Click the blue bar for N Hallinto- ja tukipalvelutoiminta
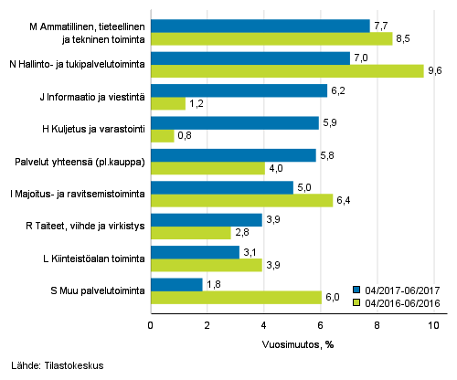coord(250,58)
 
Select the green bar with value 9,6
coord(287,71)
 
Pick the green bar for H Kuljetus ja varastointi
coord(163,135)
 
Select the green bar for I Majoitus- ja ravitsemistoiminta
coord(241,201)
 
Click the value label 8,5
coord(402,38)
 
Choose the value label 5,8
coord(327,155)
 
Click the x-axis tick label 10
coord(433,324)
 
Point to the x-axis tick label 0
coord(151,324)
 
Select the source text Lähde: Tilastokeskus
coord(53,365)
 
